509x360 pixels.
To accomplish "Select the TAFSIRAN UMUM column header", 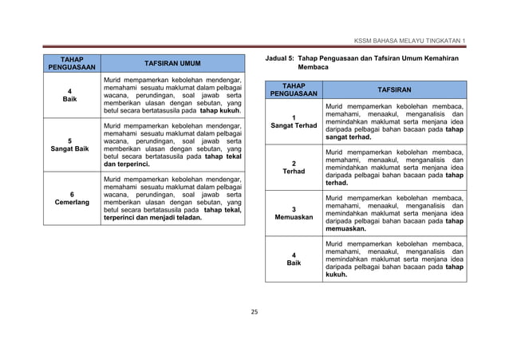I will tap(172, 63).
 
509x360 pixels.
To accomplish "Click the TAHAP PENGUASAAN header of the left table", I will tap(73, 63).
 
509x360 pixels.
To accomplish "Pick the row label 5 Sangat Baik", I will tap(73, 144).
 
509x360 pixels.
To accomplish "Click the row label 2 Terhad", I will tap(294, 166).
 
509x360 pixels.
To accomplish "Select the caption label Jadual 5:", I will tap(280, 59).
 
